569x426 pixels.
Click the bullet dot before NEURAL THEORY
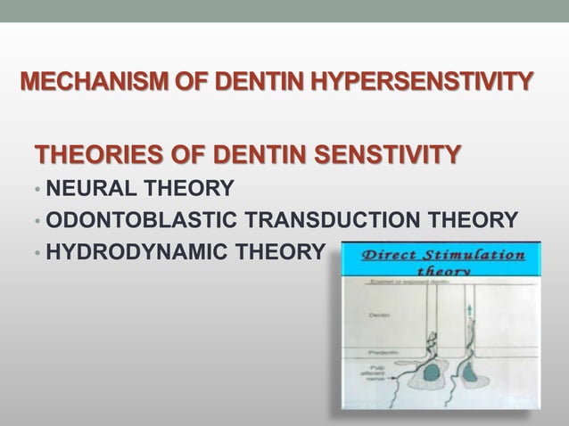click(x=37, y=189)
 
